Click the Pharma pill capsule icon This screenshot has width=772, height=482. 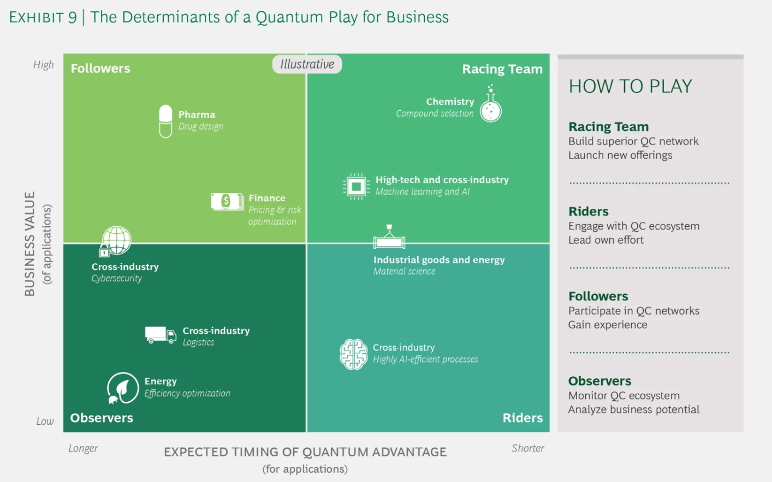click(165, 121)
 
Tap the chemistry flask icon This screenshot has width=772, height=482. click(490, 106)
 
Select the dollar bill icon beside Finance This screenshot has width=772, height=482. click(227, 202)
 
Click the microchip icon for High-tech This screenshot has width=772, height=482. click(356, 187)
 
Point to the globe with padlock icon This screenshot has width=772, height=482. click(115, 242)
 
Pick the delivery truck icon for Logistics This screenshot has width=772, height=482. click(160, 335)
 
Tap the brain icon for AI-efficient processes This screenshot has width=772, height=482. click(353, 354)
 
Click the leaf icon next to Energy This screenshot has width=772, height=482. click(123, 388)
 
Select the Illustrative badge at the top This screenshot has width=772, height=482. click(307, 64)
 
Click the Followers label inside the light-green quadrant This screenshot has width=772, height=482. click(100, 69)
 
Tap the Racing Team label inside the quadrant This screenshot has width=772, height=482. click(502, 69)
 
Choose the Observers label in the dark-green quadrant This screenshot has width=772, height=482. click(102, 418)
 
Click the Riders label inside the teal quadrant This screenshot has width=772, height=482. click(522, 418)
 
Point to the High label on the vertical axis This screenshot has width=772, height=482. click(44, 65)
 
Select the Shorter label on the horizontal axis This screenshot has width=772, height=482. click(527, 448)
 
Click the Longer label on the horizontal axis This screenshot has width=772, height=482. click(83, 448)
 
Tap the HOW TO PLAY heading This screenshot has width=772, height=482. click(630, 86)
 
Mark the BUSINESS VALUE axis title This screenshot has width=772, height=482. click(30, 244)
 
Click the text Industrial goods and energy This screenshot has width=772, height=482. click(439, 260)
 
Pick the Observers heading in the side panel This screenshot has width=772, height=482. click(599, 381)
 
